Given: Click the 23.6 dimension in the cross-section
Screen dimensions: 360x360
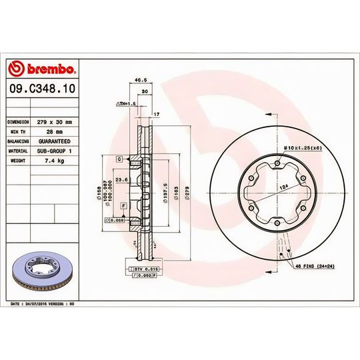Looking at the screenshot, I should [x=122, y=179].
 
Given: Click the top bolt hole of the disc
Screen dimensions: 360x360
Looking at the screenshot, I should [x=277, y=163].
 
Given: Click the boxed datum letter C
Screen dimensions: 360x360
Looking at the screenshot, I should [x=119, y=159].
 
